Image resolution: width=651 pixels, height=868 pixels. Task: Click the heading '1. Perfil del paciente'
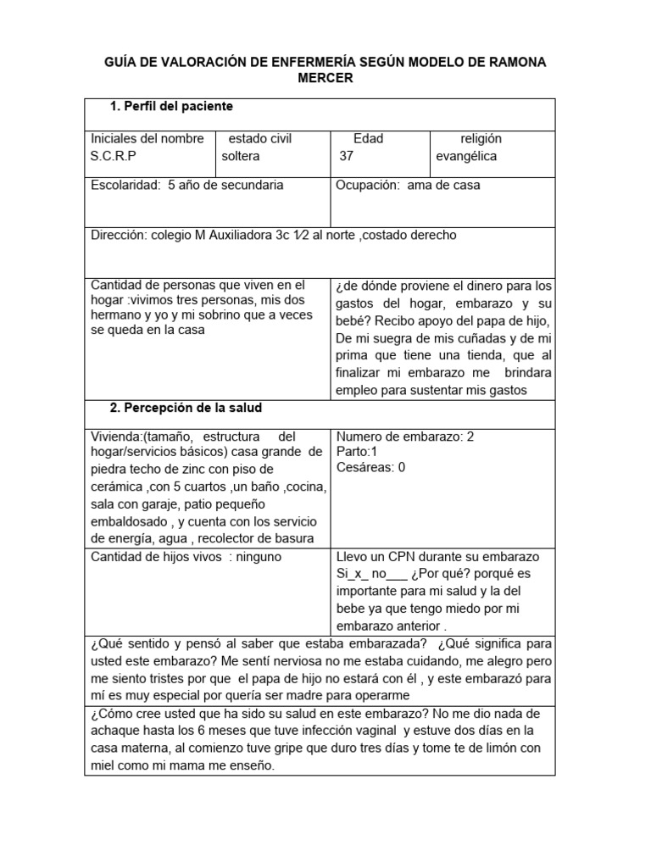[x=172, y=107]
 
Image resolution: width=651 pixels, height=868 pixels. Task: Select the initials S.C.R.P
[x=113, y=156]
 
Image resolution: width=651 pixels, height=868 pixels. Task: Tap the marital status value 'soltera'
[x=241, y=156]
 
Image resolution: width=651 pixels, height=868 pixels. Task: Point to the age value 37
[x=346, y=156]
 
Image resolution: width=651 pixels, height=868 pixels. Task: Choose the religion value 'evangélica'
[x=466, y=156]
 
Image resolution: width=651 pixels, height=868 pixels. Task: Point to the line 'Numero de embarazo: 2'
[x=405, y=437]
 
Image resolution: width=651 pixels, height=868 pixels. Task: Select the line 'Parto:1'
[x=357, y=452]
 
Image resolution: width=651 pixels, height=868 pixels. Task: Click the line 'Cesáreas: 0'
[x=370, y=467]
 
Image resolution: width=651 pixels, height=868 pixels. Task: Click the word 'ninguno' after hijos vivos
[x=259, y=557]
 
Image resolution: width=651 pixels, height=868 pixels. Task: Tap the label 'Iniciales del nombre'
[x=147, y=138]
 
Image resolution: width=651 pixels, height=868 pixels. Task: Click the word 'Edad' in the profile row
[x=368, y=138]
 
